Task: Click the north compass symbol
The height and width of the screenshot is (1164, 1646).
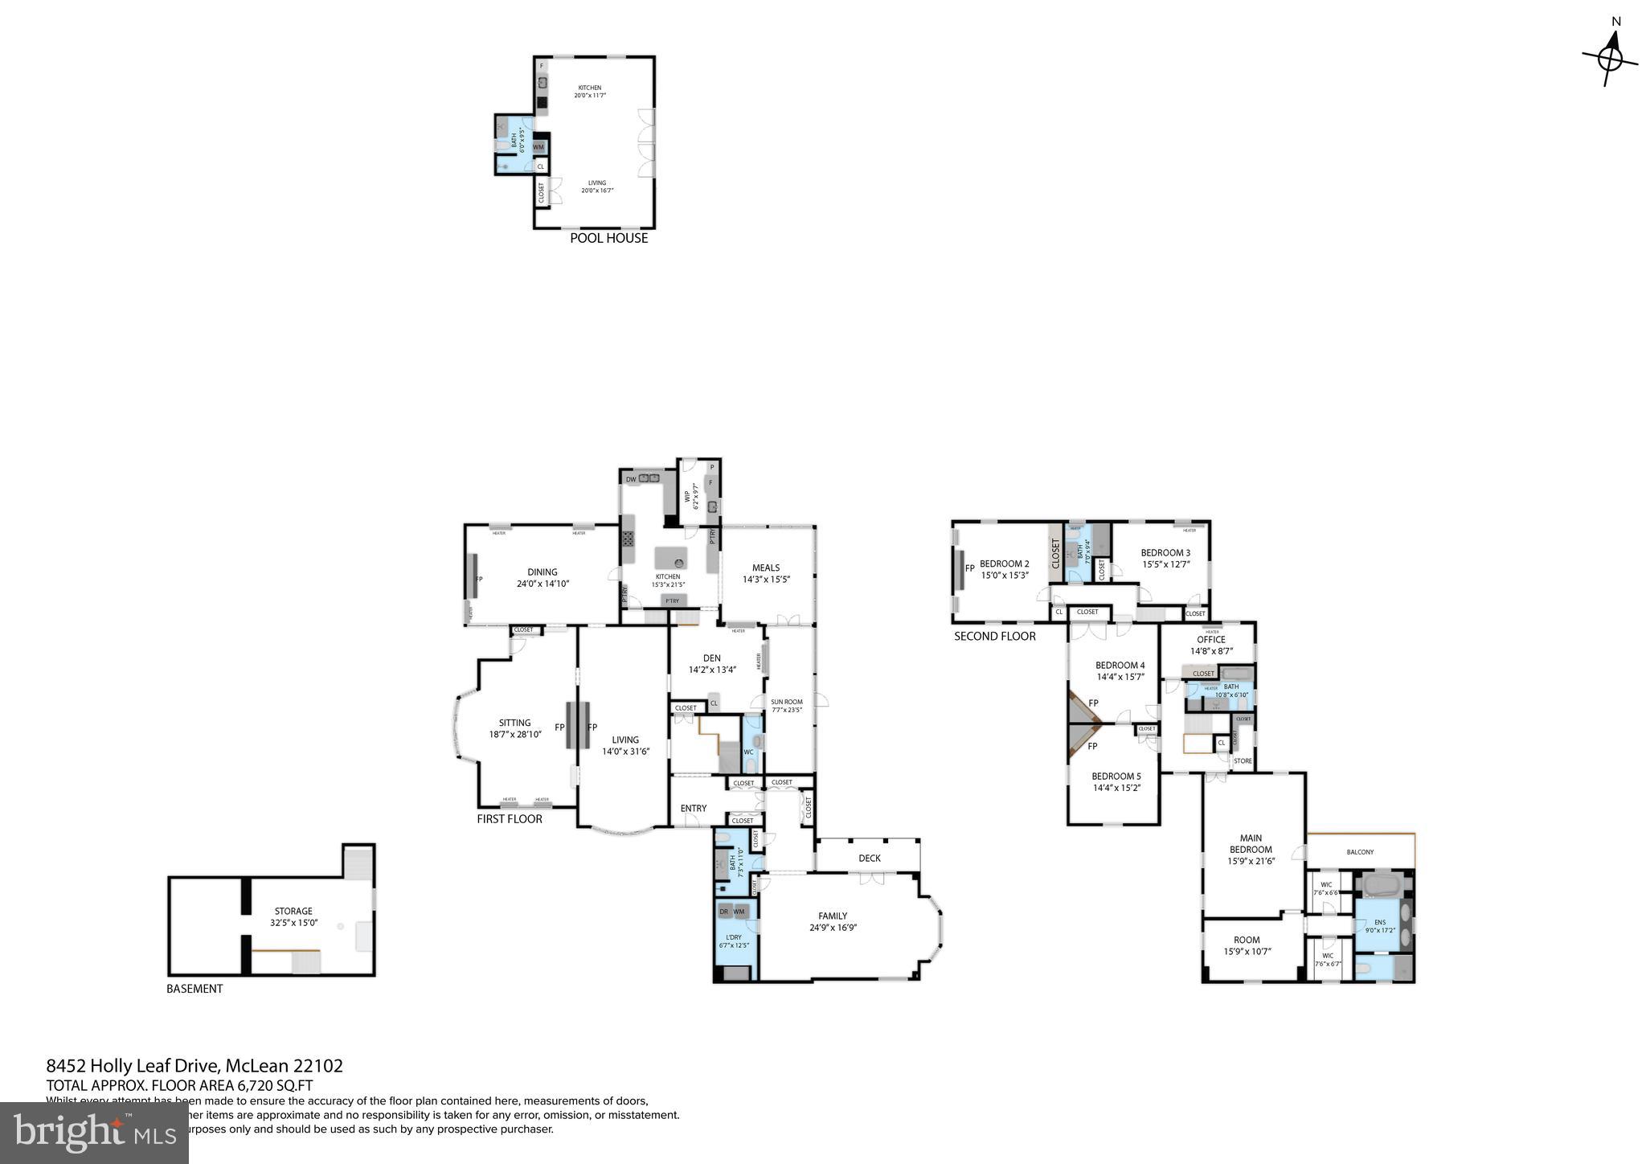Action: (x=1610, y=59)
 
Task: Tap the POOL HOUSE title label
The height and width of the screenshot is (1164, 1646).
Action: (x=608, y=238)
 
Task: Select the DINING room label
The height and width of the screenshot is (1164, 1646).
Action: (x=543, y=572)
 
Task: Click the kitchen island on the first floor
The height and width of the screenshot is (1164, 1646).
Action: (x=672, y=558)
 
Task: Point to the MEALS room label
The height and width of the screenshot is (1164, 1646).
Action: (x=766, y=568)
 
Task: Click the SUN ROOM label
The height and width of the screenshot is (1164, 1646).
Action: (x=787, y=702)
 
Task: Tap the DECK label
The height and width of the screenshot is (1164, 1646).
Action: (x=869, y=858)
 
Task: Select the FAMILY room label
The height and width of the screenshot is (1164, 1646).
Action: (x=833, y=916)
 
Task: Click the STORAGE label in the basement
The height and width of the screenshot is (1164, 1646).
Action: (x=293, y=912)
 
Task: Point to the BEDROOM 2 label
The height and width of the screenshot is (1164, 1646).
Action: (x=1005, y=564)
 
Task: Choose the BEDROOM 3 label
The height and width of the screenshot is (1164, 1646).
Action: (x=1165, y=553)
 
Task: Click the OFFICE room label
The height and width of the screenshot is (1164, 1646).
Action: (x=1210, y=640)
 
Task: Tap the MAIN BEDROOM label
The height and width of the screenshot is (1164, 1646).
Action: (x=1251, y=843)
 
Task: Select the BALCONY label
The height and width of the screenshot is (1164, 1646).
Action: (x=1360, y=852)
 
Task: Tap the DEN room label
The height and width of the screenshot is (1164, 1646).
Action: (x=711, y=658)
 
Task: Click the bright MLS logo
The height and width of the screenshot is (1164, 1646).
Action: (x=94, y=1132)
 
